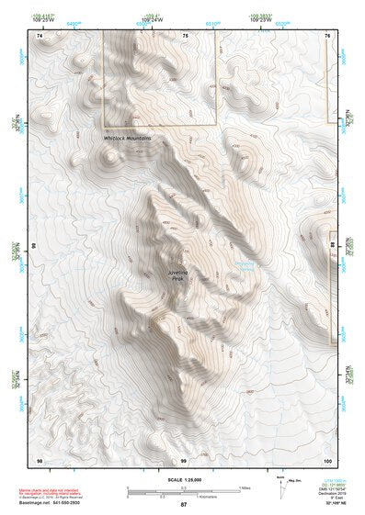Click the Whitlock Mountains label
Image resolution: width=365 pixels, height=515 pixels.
[127, 138]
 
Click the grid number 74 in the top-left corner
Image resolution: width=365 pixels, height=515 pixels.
[39, 35]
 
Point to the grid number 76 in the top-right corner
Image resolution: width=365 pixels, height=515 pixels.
[327, 35]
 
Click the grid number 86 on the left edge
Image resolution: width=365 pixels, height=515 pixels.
[35, 246]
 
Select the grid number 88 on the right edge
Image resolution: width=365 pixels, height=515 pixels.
[332, 246]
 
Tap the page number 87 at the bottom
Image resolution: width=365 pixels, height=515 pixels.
[183, 505]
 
